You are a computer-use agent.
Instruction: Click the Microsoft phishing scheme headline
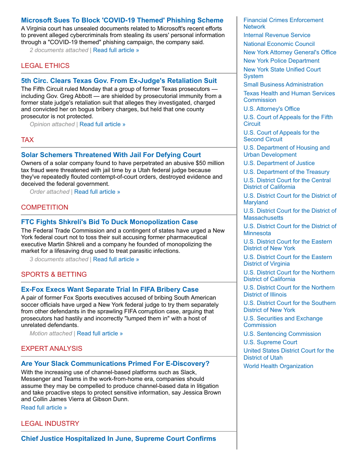tap(122, 20)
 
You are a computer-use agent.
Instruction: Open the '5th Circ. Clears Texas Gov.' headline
tap(119, 81)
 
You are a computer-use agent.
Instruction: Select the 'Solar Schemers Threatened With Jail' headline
tap(111, 155)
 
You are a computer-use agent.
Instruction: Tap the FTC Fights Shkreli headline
tap(109, 222)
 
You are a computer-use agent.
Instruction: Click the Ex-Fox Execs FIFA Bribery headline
tap(110, 289)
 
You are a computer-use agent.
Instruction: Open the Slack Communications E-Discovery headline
tap(115, 364)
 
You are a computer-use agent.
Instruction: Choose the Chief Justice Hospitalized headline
tap(119, 439)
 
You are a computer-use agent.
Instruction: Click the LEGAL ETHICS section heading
tap(45, 66)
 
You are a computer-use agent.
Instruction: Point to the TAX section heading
tap(27, 140)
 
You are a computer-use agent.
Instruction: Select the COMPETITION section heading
tap(45, 207)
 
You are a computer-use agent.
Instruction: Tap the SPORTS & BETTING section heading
tap(54, 274)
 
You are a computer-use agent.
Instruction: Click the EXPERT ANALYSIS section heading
tap(52, 349)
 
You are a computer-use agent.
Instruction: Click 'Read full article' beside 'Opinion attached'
tap(102, 124)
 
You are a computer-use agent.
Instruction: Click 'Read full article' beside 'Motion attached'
tap(100, 334)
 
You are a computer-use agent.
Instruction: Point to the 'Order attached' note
tap(49, 192)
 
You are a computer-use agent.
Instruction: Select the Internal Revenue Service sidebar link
tap(277, 35)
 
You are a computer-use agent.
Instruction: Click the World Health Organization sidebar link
tap(278, 366)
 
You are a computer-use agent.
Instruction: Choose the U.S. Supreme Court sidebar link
tap(270, 342)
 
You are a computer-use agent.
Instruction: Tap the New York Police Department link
tap(281, 61)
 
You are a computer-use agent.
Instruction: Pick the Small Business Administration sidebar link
tap(283, 85)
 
